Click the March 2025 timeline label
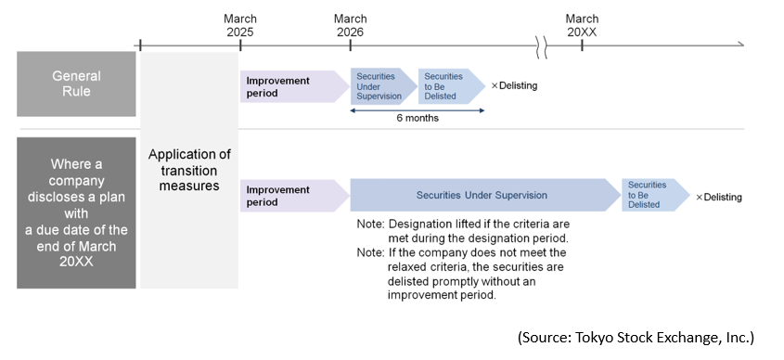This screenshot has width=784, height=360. click(240, 25)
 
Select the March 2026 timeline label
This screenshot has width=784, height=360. click(350, 25)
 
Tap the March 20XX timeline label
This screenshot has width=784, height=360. click(582, 25)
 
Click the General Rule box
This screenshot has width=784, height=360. click(76, 84)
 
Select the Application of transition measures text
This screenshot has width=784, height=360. click(189, 170)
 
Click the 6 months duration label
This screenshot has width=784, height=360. click(417, 119)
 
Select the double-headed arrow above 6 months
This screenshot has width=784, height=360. click(417, 109)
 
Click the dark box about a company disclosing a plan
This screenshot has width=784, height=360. click(76, 212)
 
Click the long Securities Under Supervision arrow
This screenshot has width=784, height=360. click(482, 196)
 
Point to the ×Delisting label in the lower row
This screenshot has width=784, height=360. click(718, 197)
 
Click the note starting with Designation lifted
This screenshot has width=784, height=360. click(463, 231)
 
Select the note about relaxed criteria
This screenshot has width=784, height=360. click(463, 274)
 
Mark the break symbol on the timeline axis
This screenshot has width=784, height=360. click(540, 44)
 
